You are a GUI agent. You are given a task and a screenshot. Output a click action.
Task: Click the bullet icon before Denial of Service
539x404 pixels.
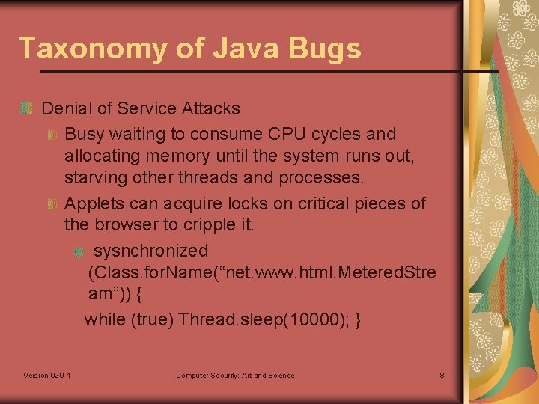pos(27,109)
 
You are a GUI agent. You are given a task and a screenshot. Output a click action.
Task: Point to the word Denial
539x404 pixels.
pos(67,108)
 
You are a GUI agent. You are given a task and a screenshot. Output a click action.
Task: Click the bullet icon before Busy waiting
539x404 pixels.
pos(52,135)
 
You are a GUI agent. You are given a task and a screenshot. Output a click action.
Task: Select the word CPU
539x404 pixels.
pos(285,135)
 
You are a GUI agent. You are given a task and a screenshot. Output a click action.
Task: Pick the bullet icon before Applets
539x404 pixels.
pos(52,204)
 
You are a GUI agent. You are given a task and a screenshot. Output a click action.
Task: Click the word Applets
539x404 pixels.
pos(94,203)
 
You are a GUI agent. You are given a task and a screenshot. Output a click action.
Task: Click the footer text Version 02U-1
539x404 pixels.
pos(47,375)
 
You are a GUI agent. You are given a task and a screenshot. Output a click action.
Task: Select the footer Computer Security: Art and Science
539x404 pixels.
pos(235,375)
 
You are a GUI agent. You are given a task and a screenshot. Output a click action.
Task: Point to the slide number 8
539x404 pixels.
pos(442,375)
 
